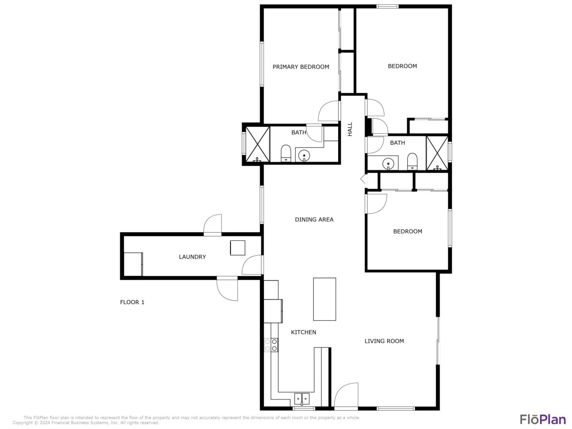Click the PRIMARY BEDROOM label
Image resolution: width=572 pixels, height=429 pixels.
click(x=301, y=67)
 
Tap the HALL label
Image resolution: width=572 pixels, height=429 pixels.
click(x=350, y=129)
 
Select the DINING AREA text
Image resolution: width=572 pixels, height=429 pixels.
click(x=314, y=220)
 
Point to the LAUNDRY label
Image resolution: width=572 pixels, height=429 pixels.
click(x=192, y=257)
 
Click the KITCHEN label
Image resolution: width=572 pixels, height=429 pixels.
click(x=303, y=332)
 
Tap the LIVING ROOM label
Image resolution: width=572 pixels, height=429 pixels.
click(x=384, y=341)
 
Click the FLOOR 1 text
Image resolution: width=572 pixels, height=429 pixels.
click(x=132, y=302)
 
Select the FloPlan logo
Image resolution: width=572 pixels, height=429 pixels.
click(x=543, y=420)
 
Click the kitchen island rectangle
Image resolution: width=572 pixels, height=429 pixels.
click(x=324, y=299)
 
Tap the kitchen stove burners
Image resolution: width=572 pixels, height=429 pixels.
click(x=271, y=345)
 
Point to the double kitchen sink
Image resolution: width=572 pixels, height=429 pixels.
click(x=302, y=399)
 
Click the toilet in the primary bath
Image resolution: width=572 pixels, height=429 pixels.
click(x=286, y=153)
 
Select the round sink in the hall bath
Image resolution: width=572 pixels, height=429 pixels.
click(x=388, y=164)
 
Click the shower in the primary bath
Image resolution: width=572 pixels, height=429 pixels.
click(x=257, y=144)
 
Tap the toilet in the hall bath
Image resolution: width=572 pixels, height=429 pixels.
click(x=412, y=161)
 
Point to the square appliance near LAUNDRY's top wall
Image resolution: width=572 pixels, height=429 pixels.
click(x=238, y=248)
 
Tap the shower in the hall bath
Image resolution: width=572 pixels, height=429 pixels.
click(x=437, y=153)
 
